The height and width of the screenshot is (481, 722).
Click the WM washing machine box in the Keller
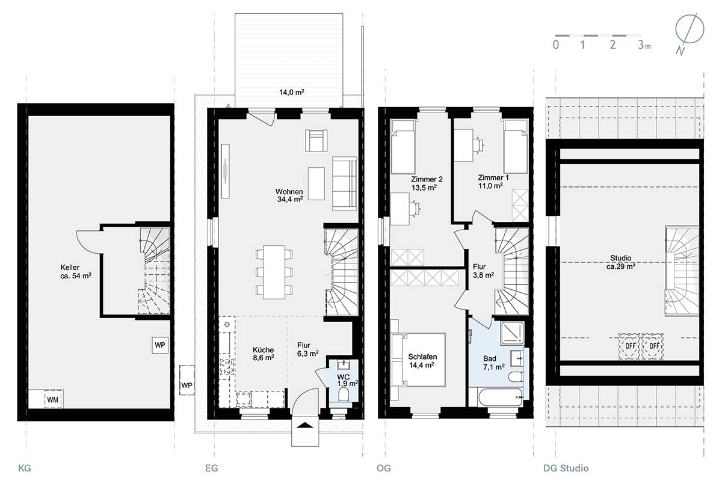pyautogui.click(x=53, y=399)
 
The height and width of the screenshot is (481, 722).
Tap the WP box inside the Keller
pyautogui.click(x=160, y=345)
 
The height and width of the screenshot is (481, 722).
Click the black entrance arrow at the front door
pyautogui.click(x=305, y=426)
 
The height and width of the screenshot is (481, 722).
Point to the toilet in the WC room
pyautogui.click(x=344, y=394)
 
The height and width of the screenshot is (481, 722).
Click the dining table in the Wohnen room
pyautogui.click(x=274, y=272)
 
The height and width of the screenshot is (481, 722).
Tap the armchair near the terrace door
pyautogui.click(x=316, y=141)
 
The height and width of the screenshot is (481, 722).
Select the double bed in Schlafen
pyautogui.click(x=418, y=360)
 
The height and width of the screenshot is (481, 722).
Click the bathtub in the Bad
pyautogui.click(x=501, y=398)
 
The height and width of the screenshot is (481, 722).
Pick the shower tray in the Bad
pyautogui.click(x=512, y=333)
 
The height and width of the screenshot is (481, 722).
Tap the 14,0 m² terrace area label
pyautogui.click(x=292, y=93)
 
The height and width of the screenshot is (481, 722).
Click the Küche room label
pyautogui.click(x=264, y=350)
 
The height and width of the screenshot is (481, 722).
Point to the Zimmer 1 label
pyautogui.click(x=493, y=177)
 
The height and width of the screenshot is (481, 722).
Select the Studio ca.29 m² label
pyautogui.click(x=621, y=262)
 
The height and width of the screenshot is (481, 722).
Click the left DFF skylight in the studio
pyautogui.click(x=629, y=346)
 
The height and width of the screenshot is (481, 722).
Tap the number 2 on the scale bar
pyautogui.click(x=612, y=44)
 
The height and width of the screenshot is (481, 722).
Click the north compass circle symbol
pyautogui.click(x=690, y=29)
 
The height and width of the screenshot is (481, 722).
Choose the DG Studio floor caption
pyautogui.click(x=566, y=468)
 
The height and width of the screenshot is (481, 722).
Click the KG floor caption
pyautogui.click(x=25, y=468)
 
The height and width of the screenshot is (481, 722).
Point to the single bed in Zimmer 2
pyautogui.click(x=403, y=147)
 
